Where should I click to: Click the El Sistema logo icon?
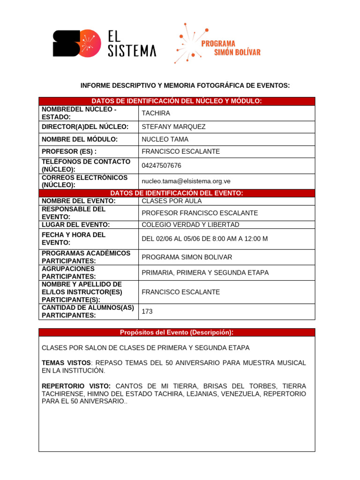(x=77, y=44)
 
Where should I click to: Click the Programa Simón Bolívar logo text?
(x=231, y=47)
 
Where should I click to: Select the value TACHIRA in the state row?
(x=156, y=113)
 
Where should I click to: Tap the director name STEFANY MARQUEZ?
(x=173, y=127)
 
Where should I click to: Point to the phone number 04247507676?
(x=161, y=165)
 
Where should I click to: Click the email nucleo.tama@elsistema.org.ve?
(x=186, y=181)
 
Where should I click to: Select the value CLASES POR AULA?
(x=172, y=201)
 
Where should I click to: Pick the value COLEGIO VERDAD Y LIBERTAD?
(x=190, y=225)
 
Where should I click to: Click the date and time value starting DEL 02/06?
(x=204, y=239)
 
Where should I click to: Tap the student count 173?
(x=147, y=311)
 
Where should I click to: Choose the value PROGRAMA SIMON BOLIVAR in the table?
(x=187, y=257)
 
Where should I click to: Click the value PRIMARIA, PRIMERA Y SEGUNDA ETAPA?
(x=205, y=272)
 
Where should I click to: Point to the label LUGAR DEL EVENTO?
(x=76, y=225)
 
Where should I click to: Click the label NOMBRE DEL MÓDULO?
(x=80, y=139)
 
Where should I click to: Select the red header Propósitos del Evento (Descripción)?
(x=177, y=332)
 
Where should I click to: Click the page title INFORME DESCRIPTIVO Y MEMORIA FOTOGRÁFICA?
(x=185, y=85)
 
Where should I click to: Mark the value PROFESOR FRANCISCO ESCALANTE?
(x=200, y=213)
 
